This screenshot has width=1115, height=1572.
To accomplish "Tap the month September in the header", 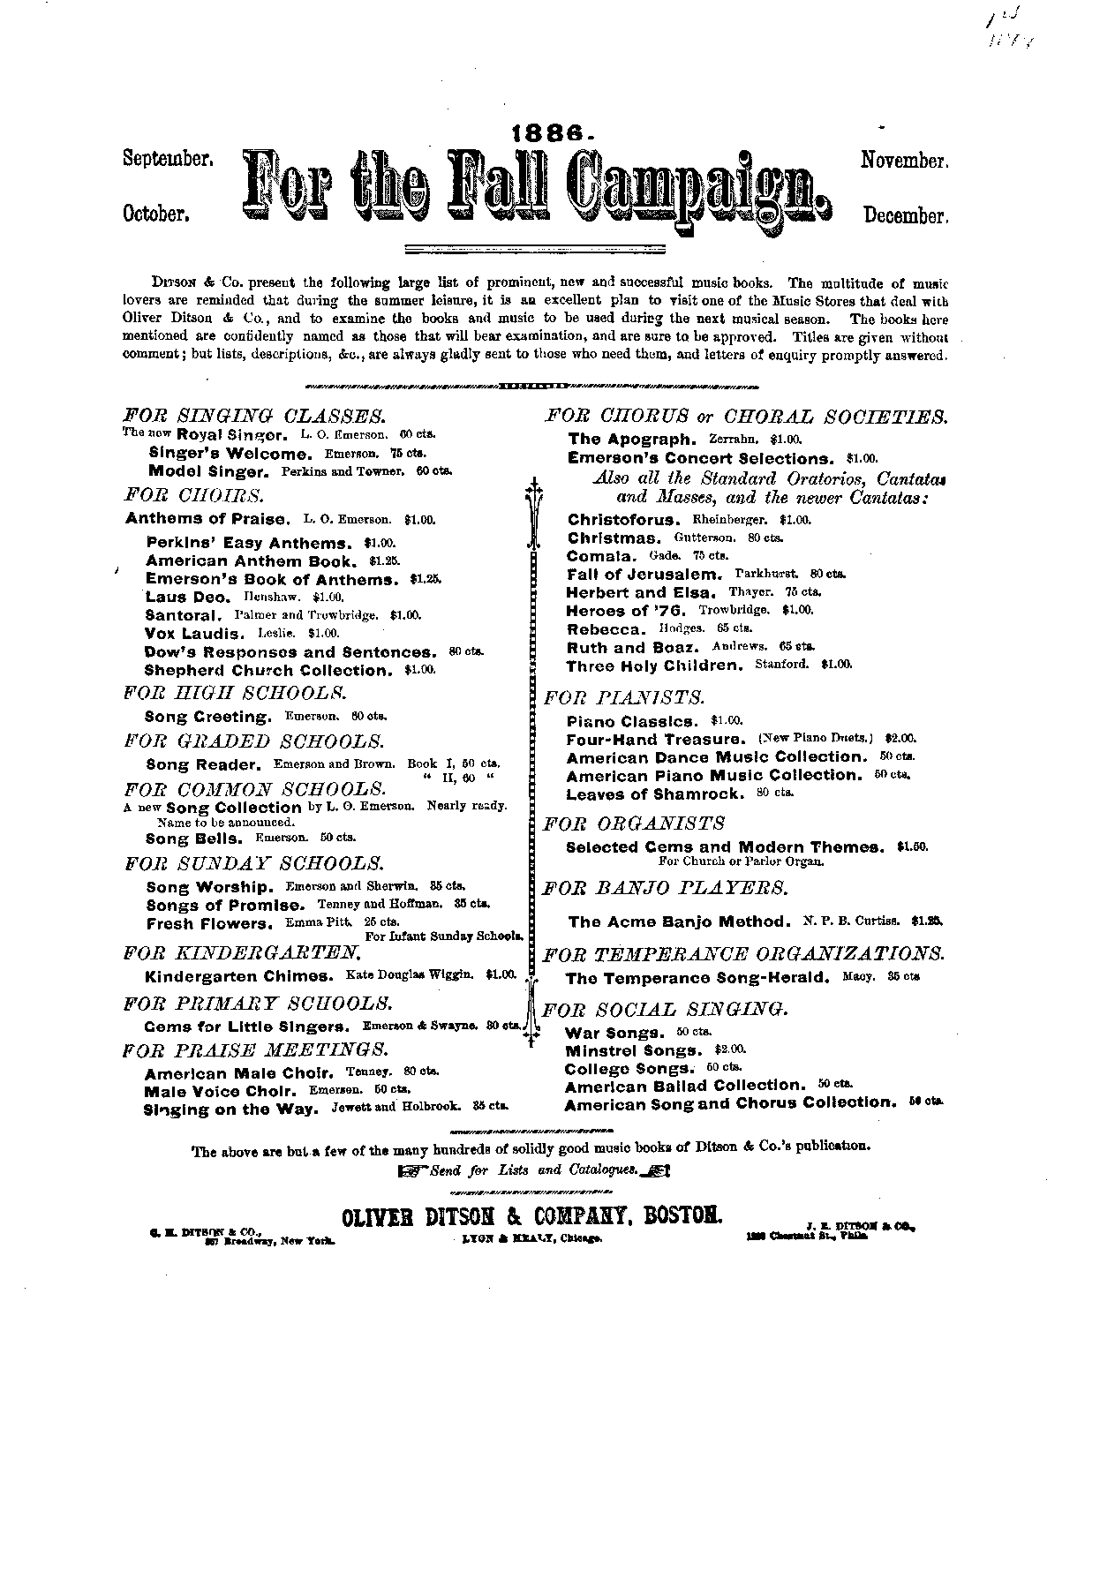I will pos(167,160).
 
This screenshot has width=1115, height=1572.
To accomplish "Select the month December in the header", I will pos(905,216).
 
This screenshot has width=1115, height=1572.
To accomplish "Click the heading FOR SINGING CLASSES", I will pos(255,415).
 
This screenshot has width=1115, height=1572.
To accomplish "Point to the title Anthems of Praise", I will pos(207,519).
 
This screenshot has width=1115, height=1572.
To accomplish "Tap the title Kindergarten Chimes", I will pos(238,976).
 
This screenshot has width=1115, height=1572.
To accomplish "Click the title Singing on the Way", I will pos(230,1109).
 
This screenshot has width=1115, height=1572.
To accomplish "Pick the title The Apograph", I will pos(632,439).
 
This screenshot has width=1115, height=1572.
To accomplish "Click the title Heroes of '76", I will pos(626,611).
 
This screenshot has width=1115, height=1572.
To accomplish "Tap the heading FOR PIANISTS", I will pos(624,698).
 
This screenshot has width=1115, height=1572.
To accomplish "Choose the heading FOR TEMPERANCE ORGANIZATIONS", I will pos(743,954).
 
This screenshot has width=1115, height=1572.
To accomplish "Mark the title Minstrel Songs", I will pos(633,1051).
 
